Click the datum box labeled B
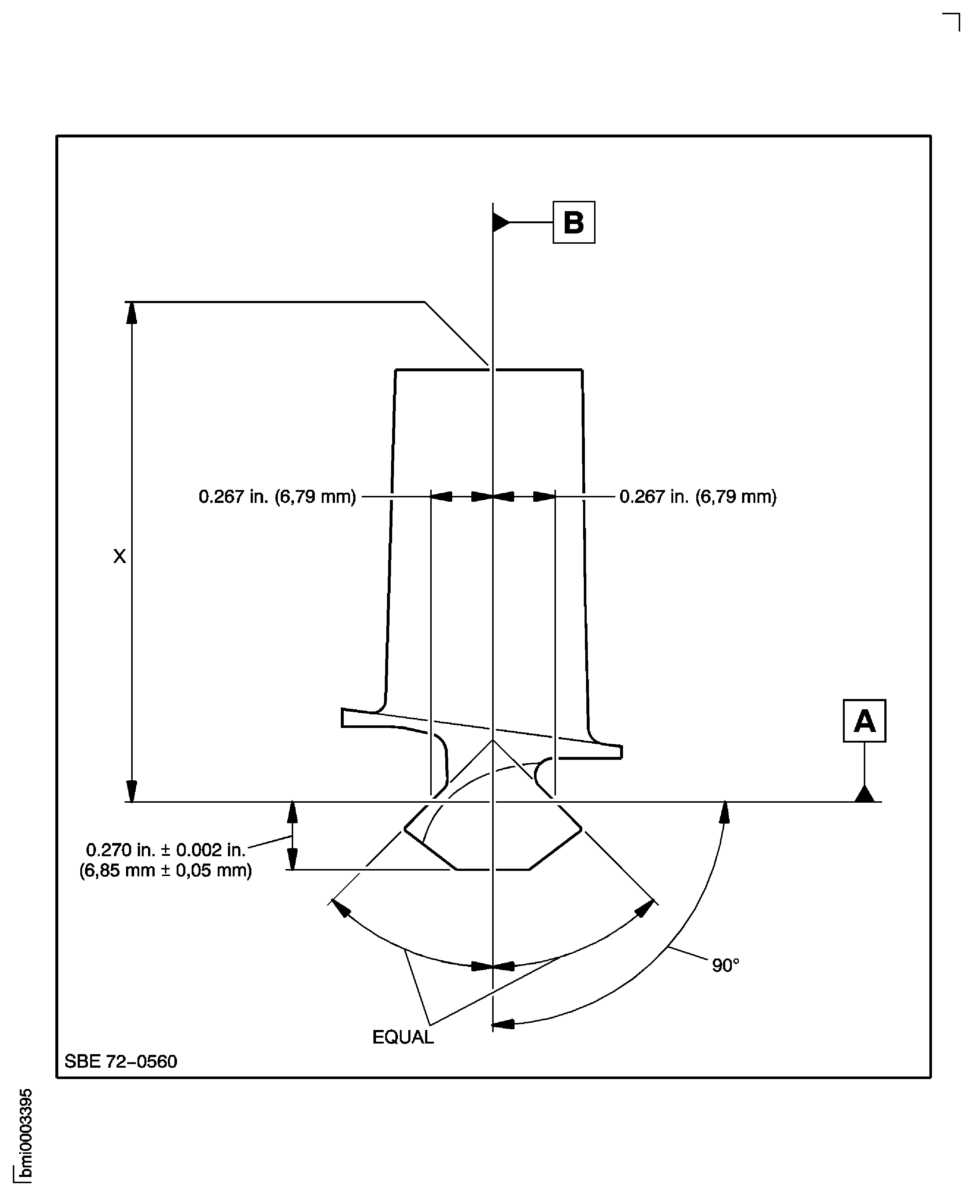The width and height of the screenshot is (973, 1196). tap(574, 222)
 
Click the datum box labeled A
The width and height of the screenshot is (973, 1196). tap(864, 721)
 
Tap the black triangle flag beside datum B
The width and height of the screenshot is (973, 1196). tap(500, 222)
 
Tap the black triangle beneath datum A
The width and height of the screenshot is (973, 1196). tap(864, 795)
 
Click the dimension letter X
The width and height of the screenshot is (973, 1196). tap(119, 556)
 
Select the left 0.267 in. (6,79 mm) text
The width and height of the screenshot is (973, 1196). tap(277, 497)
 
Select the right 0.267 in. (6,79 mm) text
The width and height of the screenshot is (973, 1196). tap(698, 497)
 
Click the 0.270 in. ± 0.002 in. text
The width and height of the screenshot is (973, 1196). tap(166, 850)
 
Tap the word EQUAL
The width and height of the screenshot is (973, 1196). tap(403, 1037)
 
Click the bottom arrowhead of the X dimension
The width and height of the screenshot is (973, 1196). tap(131, 791)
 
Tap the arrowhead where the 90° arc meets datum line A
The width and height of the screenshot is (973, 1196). tap(725, 812)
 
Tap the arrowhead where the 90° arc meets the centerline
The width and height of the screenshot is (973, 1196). tap(503, 1024)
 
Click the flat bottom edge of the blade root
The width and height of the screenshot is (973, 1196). tap(493, 870)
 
